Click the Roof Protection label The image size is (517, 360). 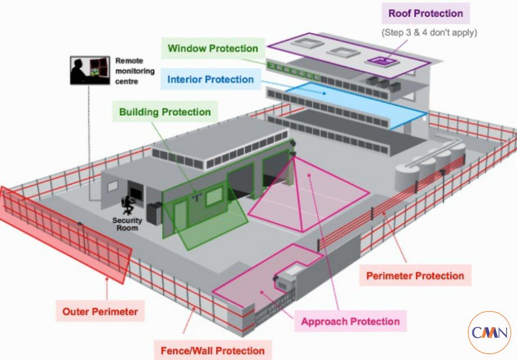[x=425, y=13]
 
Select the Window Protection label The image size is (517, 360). [x=213, y=48]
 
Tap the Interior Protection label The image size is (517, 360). [x=211, y=80]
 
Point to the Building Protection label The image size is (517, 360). [x=165, y=112]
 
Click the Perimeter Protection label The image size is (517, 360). [x=415, y=276]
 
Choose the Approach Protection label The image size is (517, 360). [x=351, y=321]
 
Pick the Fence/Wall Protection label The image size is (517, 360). [x=213, y=350]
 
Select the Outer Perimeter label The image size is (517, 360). [x=100, y=312]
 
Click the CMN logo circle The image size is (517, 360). [x=490, y=333]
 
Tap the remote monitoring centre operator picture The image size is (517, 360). [x=90, y=70]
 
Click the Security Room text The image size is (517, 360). [x=127, y=224]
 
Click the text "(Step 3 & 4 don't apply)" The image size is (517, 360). [x=429, y=33]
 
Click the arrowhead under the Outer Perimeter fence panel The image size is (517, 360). [x=107, y=280]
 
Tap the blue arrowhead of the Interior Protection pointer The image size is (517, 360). [x=324, y=93]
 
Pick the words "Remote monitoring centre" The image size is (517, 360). [x=135, y=71]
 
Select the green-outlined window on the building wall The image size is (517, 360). [x=214, y=196]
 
